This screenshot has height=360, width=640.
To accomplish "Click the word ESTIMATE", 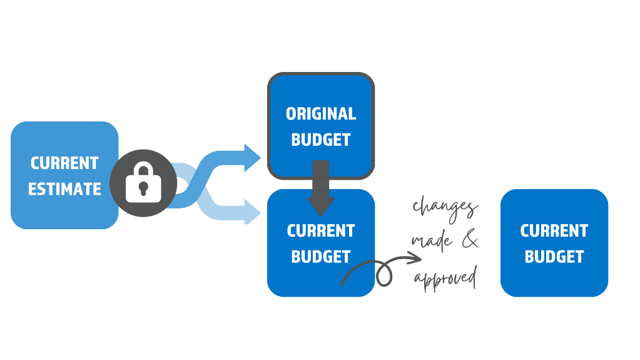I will point(64,188).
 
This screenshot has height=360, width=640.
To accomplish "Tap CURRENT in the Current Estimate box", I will point(64,163).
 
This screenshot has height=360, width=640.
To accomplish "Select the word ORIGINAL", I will point(321,114).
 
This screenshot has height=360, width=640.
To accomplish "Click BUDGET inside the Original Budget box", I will point(321,139).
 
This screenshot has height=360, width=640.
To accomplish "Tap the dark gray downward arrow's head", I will point(321,205).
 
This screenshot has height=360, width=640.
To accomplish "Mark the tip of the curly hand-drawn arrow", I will point(420,257).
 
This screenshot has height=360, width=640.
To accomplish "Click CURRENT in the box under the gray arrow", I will point(321,230).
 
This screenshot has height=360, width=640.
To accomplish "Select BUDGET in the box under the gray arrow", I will point(321,257).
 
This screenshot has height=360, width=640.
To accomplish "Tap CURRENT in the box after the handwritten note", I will point(554,230).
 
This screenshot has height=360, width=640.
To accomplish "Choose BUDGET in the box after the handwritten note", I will point(554,257).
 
